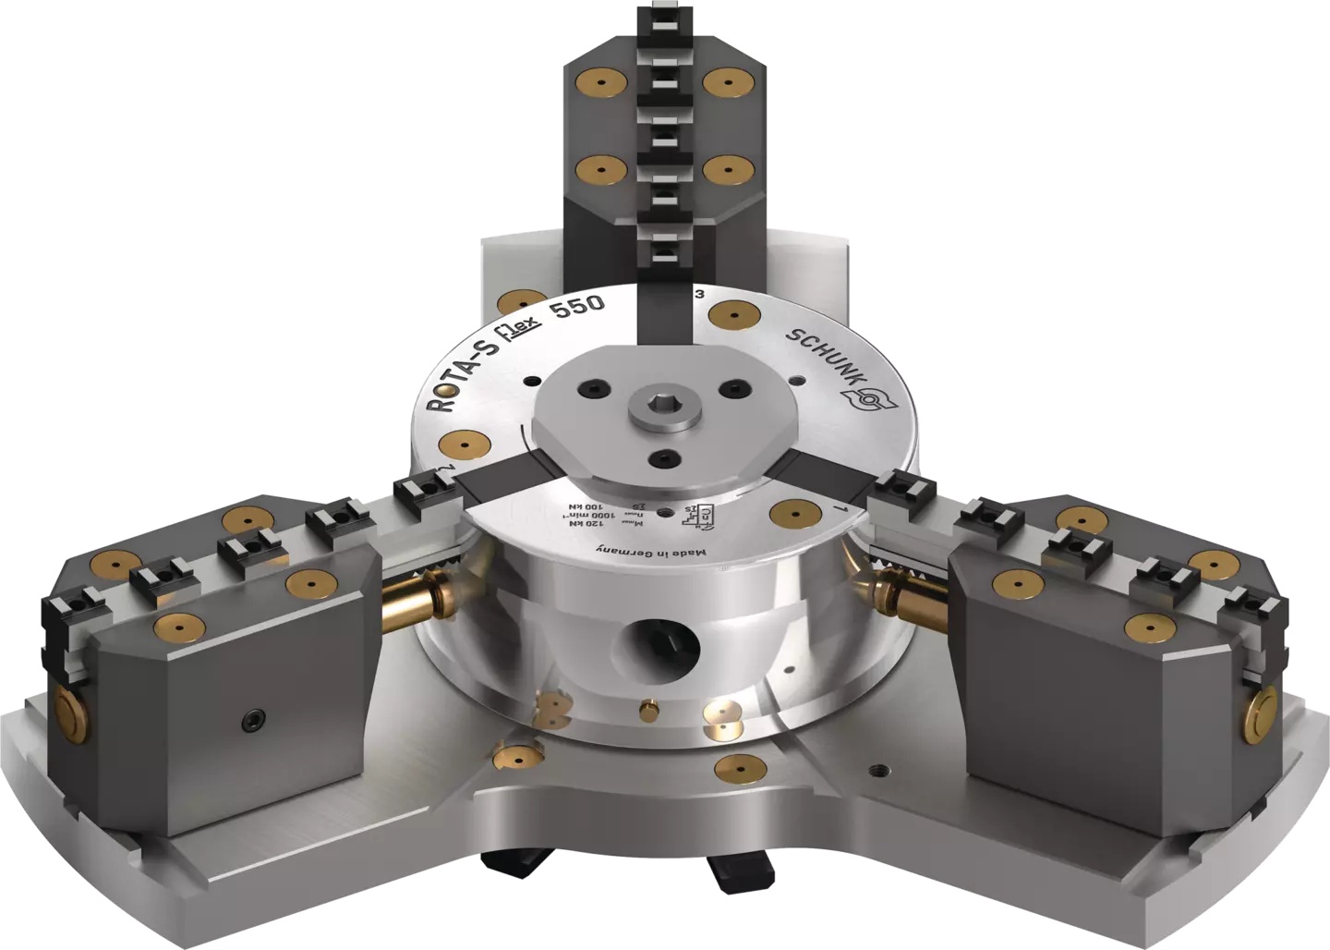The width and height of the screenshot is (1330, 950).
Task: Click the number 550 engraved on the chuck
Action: click(x=577, y=307)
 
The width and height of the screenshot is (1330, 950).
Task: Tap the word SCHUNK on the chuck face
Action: click(x=824, y=354)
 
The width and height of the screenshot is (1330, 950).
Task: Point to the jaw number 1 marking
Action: click(x=835, y=508)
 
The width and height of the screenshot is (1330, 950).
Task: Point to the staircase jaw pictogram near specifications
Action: click(x=698, y=513)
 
